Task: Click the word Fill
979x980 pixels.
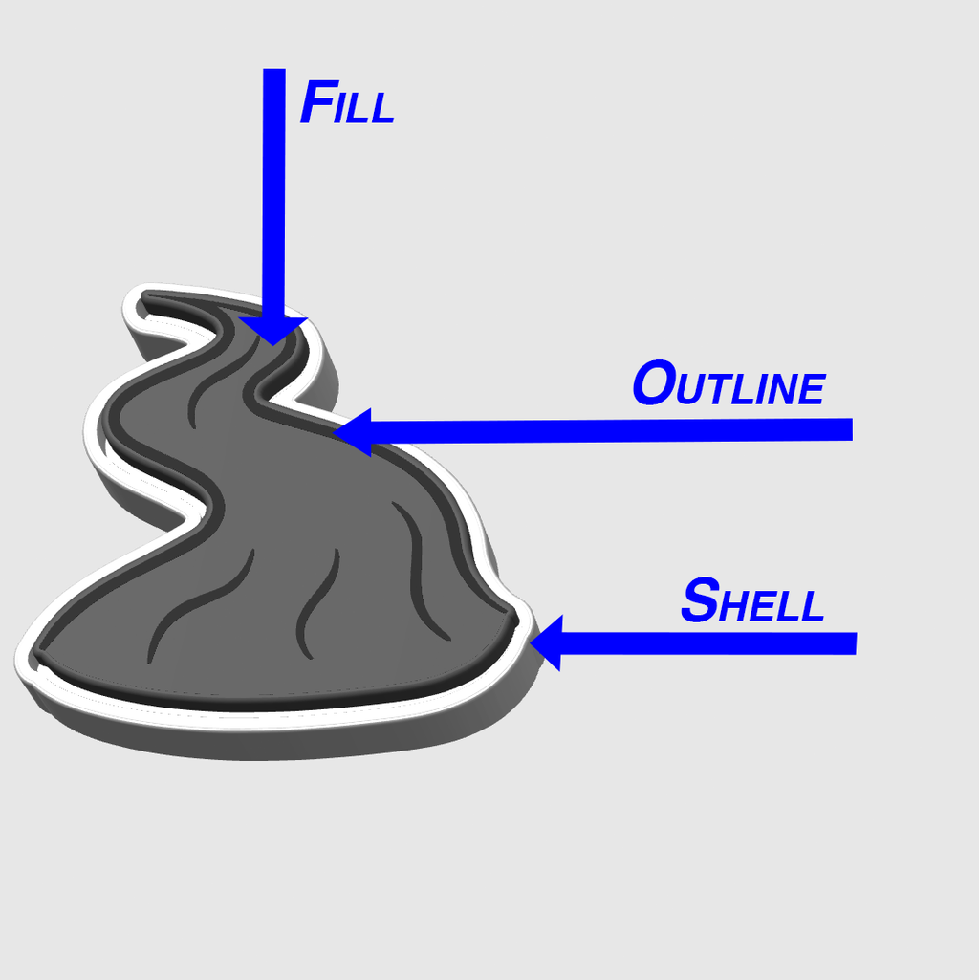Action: pyautogui.click(x=348, y=102)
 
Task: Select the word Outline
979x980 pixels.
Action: pyautogui.click(x=729, y=382)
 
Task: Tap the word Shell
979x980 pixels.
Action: pyautogui.click(x=752, y=600)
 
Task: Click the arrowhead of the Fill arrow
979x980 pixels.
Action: pyautogui.click(x=273, y=331)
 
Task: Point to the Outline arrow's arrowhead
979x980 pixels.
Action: pyautogui.click(x=353, y=432)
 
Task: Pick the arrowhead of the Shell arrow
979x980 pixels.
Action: pyautogui.click(x=548, y=642)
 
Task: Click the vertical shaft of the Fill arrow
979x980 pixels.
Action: pyautogui.click(x=273, y=194)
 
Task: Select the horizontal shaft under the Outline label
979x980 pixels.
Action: pyautogui.click(x=612, y=430)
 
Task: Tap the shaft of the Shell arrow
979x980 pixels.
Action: pyautogui.click(x=709, y=643)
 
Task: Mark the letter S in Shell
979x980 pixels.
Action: pyautogui.click(x=700, y=600)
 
